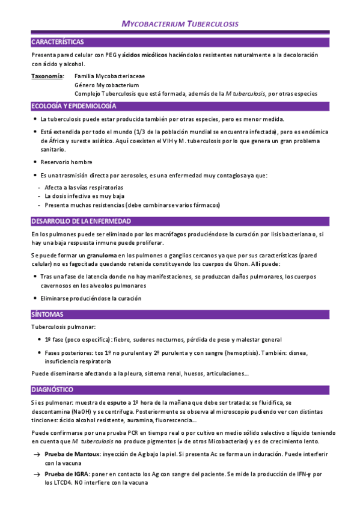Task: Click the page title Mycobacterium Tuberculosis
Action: pyautogui.click(x=180, y=24)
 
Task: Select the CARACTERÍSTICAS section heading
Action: pyautogui.click(x=58, y=42)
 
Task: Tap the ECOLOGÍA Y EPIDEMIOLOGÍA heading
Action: pyautogui.click(x=73, y=106)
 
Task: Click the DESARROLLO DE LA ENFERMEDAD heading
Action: pyautogui.click(x=81, y=221)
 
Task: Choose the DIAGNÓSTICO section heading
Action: pyautogui.click(x=52, y=373)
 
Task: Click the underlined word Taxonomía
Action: pyautogui.click(x=47, y=77)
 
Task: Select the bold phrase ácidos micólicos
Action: pyautogui.click(x=145, y=55)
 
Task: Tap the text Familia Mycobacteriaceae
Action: pyautogui.click(x=109, y=77)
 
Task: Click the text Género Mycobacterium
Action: pyautogui.click(x=106, y=85)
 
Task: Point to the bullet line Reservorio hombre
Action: pyautogui.click(x=67, y=162)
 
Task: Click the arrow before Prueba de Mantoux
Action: pyautogui.click(x=37, y=455)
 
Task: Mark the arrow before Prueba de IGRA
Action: pyautogui.click(x=37, y=474)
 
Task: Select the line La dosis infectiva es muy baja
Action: pyautogui.click(x=85, y=196)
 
